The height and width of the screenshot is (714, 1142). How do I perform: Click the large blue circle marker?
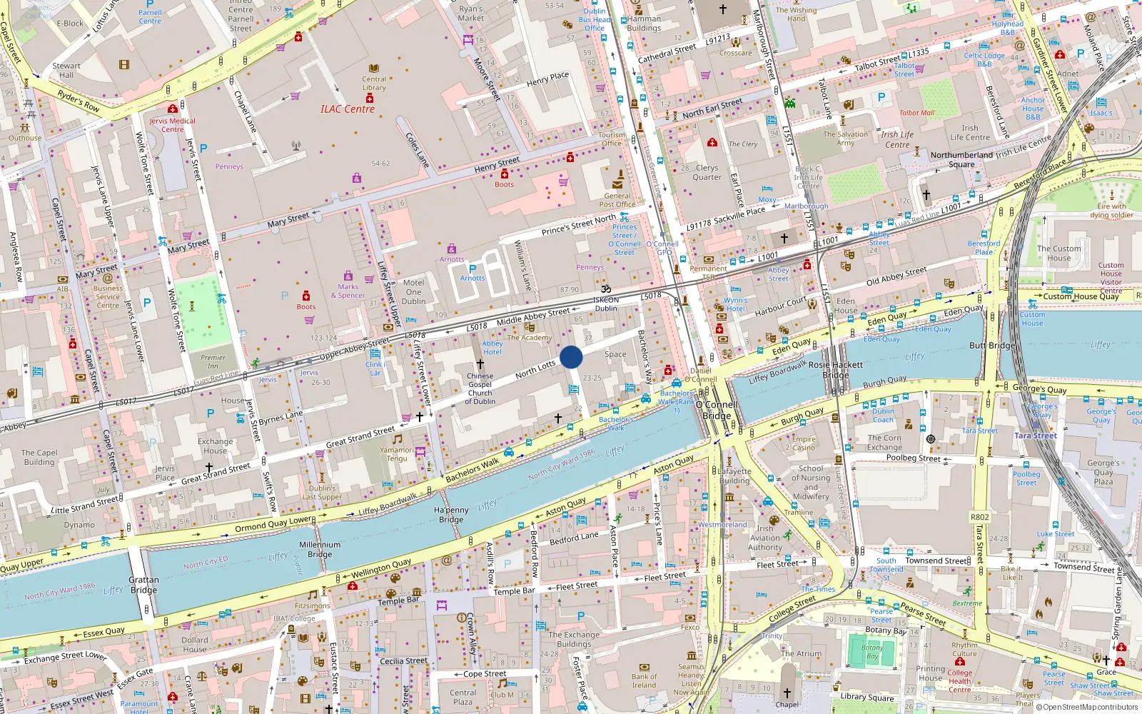(571, 357)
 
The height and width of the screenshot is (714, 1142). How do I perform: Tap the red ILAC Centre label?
(348, 109)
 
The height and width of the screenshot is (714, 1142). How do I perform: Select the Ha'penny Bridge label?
(451, 515)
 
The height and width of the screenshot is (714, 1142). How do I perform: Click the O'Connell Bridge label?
(717, 410)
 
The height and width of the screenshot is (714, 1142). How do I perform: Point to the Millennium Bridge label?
(320, 549)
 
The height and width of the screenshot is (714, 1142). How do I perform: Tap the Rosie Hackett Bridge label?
(836, 369)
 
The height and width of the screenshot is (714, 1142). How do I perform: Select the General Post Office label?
(617, 200)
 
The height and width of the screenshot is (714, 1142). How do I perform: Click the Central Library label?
(374, 84)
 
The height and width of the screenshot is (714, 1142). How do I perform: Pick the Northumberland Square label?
(961, 159)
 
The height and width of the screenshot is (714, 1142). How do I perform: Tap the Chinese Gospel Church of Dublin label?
(480, 389)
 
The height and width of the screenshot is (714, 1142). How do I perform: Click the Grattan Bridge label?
(143, 585)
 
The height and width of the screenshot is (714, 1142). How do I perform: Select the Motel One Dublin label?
(413, 292)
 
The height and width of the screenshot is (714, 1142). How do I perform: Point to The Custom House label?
(1058, 253)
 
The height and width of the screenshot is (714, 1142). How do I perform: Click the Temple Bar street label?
(514, 591)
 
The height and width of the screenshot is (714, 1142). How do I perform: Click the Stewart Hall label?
(66, 70)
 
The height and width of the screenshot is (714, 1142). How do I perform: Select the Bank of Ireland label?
(644, 680)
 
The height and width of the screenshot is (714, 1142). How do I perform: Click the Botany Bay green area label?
(872, 652)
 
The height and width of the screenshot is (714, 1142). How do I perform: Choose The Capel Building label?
(39, 457)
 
